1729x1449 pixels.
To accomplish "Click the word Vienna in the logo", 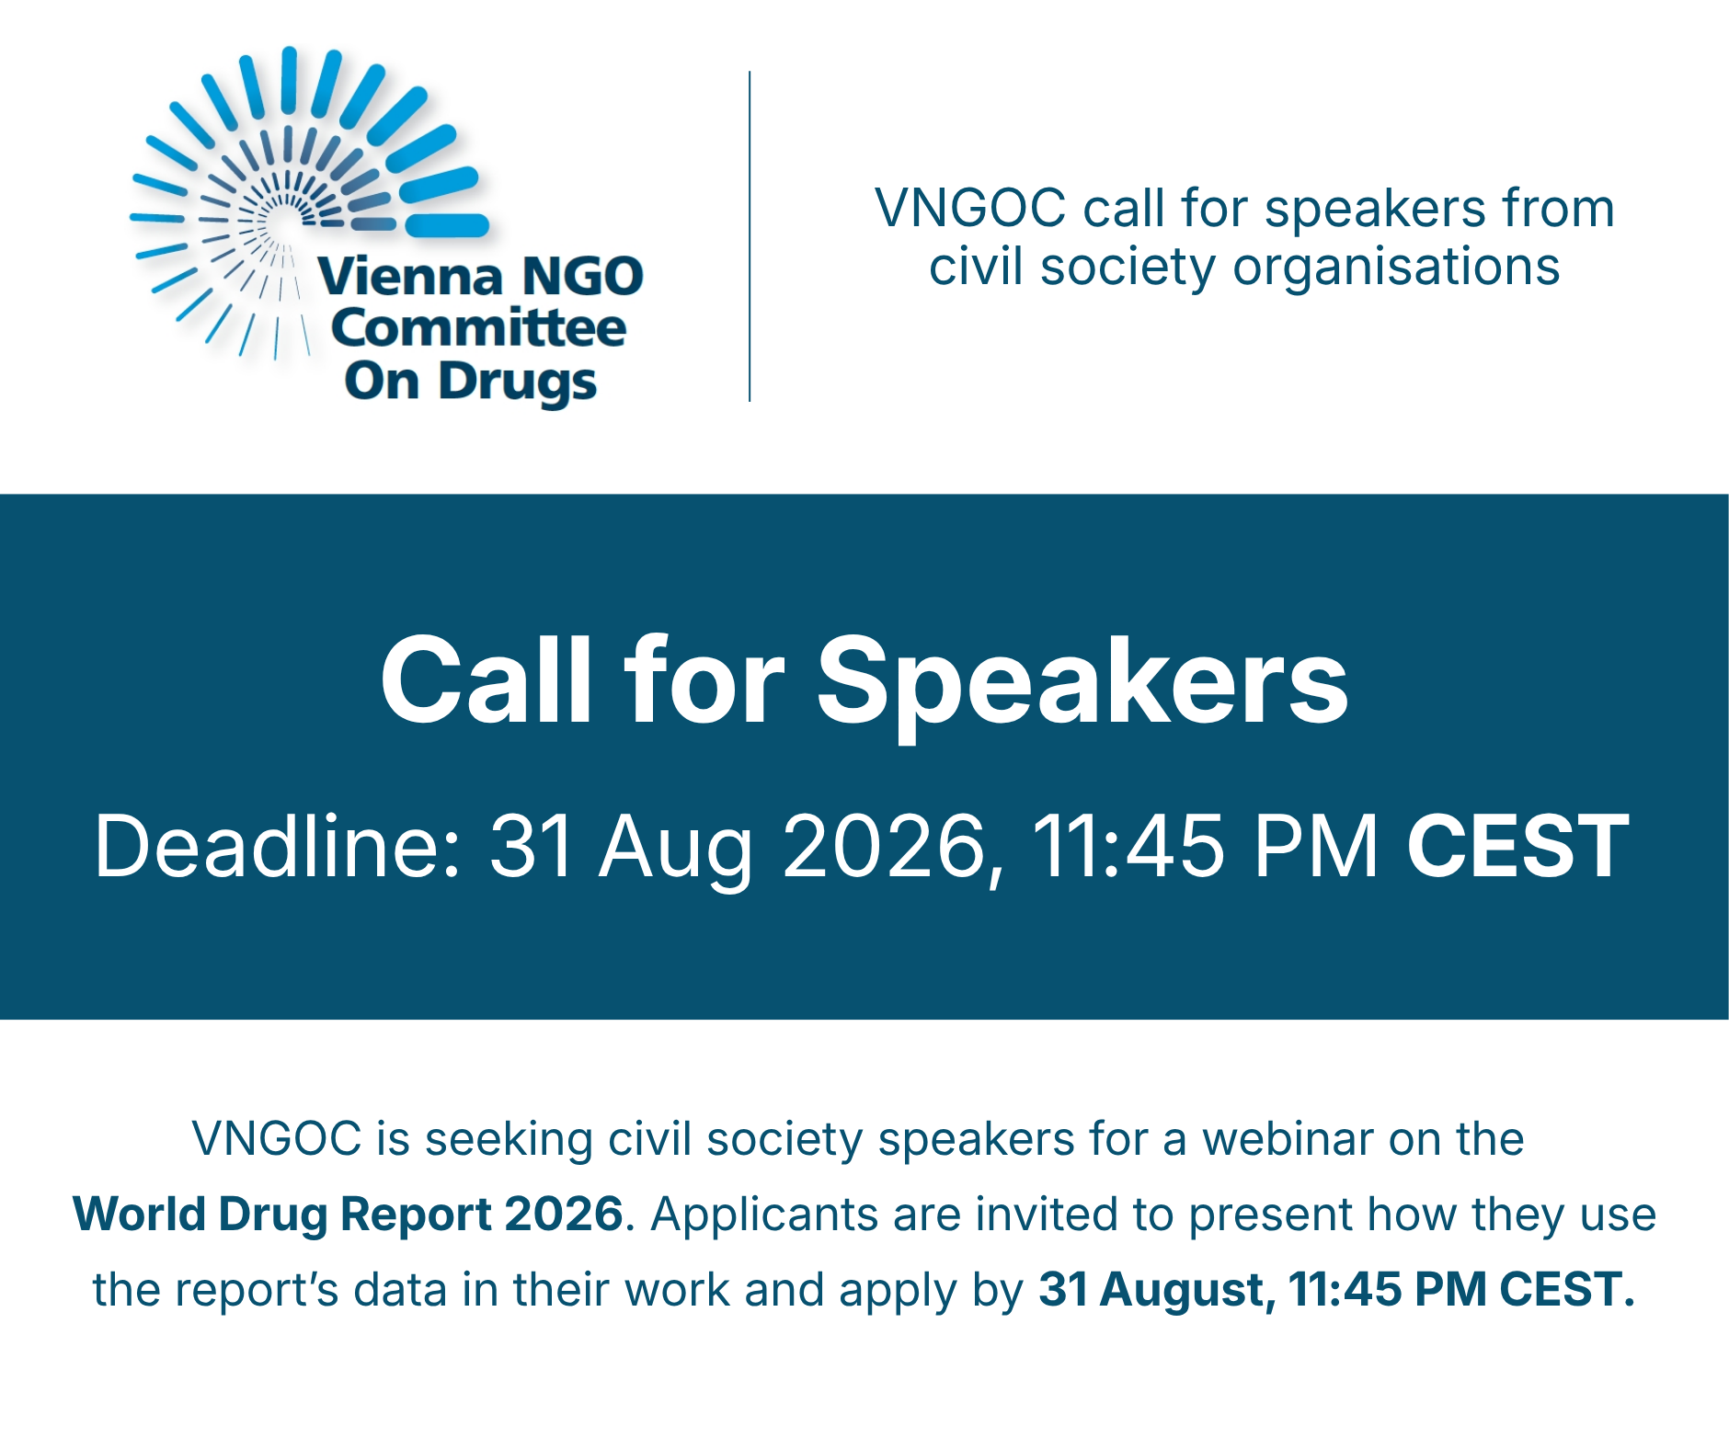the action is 411,276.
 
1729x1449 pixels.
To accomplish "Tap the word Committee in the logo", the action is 478,328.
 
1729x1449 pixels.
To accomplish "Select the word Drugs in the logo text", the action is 517,382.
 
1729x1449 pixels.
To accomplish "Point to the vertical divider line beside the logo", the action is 750,236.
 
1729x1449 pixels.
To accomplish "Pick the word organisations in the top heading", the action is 1396,268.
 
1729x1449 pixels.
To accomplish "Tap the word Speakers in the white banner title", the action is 1082,684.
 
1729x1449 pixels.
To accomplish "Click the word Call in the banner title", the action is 487,680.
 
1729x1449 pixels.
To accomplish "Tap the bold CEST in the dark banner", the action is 1517,846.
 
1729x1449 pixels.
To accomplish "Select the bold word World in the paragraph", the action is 139,1215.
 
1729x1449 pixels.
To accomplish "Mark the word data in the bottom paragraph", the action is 401,1290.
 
